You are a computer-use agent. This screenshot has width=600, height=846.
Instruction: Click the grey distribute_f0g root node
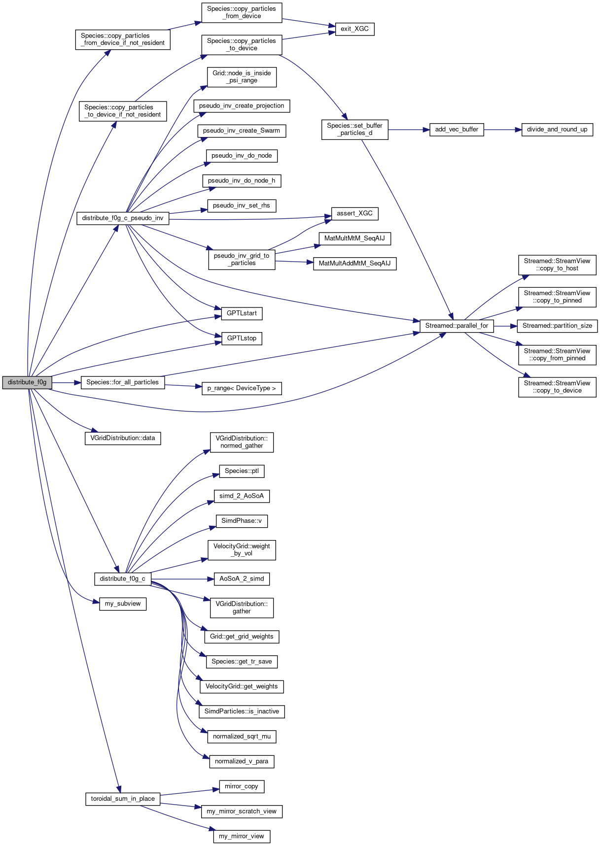coord(27,382)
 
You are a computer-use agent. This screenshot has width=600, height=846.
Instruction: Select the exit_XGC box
coord(354,29)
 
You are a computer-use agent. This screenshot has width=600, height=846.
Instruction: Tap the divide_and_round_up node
coord(557,130)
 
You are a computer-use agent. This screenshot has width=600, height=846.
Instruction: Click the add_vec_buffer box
coord(457,130)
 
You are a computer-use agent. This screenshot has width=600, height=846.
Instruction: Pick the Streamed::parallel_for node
coord(457,326)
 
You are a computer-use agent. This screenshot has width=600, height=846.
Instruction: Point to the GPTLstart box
coord(242,313)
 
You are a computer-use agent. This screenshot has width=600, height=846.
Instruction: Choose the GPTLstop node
coord(242,338)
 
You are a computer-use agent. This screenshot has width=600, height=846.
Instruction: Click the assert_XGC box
coord(354,213)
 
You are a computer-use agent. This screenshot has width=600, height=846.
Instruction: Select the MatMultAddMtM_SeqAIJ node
coord(354,264)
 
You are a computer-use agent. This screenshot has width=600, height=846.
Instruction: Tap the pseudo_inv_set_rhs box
coord(242,205)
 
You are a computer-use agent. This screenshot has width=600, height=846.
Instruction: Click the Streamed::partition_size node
coord(557,326)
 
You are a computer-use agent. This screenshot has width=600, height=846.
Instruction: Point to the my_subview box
coord(123,604)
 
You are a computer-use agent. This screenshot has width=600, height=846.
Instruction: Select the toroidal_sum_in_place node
coord(123,799)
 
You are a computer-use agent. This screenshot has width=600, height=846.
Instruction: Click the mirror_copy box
coord(242,786)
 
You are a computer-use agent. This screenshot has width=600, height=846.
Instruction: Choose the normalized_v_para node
coord(242,761)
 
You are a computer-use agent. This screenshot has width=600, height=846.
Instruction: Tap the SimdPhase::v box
coord(242,521)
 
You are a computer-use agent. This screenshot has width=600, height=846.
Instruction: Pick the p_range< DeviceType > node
coord(242,388)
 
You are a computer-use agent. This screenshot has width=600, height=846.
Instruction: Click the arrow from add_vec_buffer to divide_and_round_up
coord(502,130)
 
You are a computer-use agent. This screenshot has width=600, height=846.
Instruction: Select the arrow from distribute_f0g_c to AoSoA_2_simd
coord(182,579)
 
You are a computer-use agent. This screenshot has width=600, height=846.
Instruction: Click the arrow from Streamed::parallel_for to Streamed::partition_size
coord(505,326)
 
